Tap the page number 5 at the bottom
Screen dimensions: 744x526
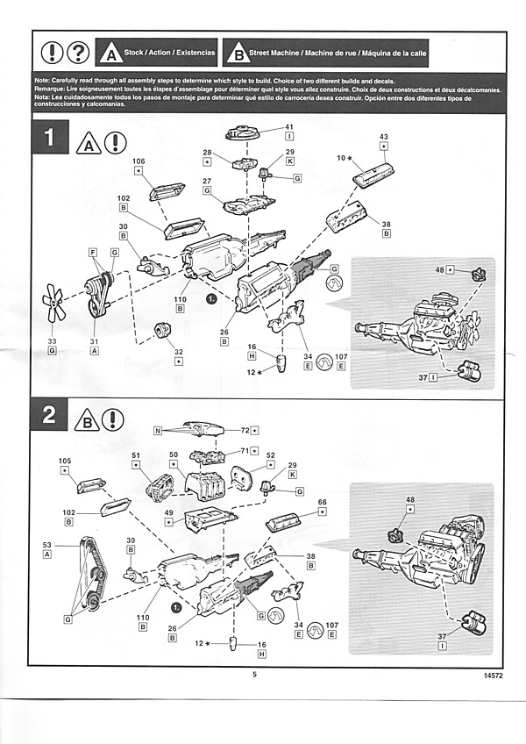point(254,674)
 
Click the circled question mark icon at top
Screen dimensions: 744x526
point(78,53)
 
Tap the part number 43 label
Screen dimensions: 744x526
point(383,137)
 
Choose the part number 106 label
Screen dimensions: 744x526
point(139,161)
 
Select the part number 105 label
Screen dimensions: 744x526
point(65,461)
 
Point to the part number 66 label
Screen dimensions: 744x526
point(322,503)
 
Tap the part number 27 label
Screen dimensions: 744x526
point(208,180)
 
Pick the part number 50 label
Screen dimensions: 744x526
point(174,455)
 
